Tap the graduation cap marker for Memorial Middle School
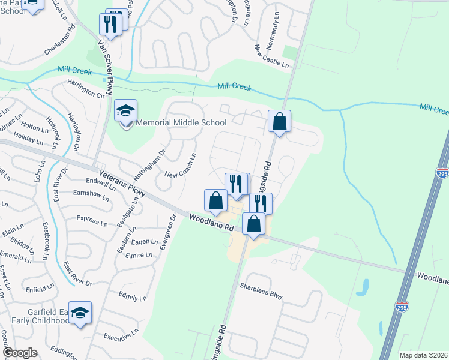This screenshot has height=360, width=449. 126,112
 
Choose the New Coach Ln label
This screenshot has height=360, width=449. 181,166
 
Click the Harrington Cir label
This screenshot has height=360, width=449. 86,88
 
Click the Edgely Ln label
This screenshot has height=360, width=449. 133,296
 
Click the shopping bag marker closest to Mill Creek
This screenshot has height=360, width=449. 280,122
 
